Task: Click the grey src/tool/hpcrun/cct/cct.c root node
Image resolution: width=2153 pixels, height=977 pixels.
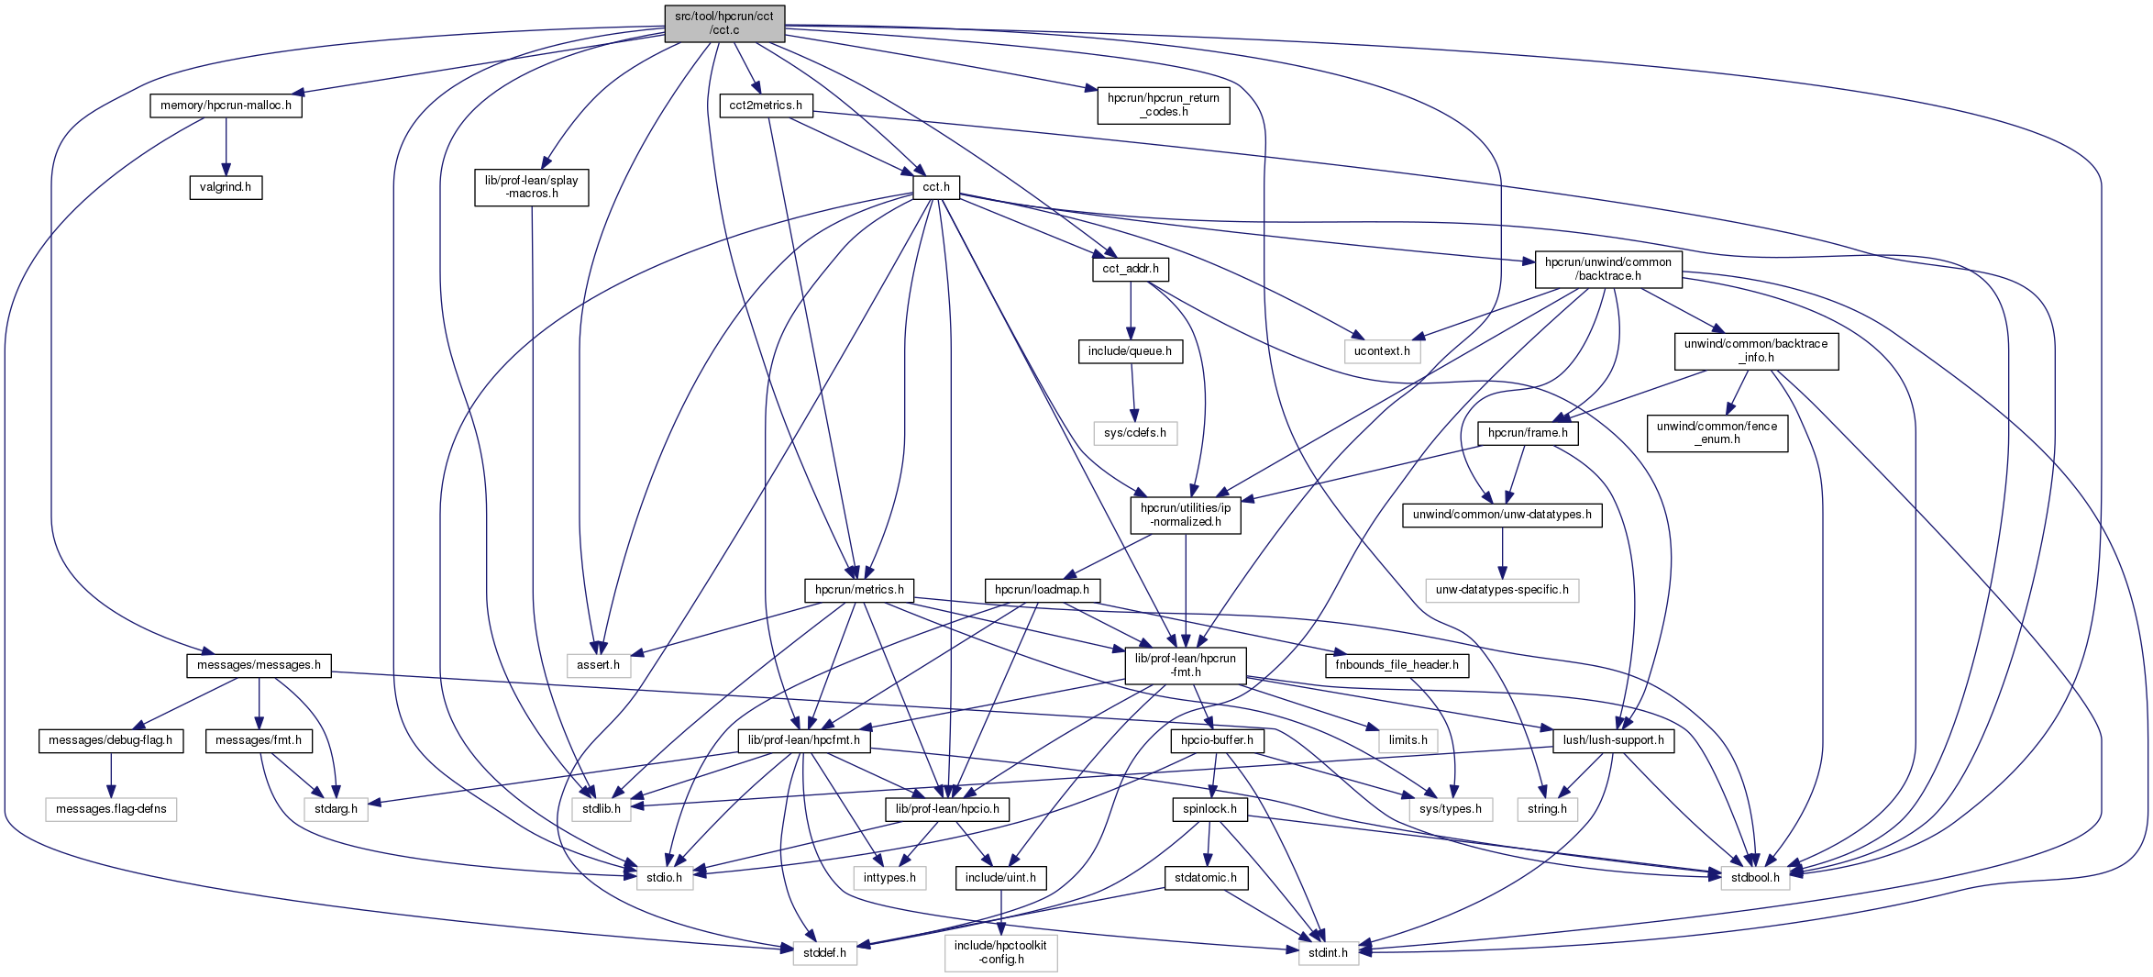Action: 724,23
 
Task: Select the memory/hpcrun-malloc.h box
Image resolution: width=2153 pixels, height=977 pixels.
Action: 226,105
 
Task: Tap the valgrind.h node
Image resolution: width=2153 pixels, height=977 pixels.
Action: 226,187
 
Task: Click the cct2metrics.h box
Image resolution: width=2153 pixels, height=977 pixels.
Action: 766,105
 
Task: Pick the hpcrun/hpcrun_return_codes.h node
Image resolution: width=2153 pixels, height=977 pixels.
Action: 1163,105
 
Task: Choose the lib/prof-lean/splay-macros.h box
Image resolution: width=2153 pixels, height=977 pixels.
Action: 532,187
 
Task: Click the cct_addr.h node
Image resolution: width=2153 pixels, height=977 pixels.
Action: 1131,269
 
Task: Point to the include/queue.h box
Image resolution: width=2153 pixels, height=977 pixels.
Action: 1130,351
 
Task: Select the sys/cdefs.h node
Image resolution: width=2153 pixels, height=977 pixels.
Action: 1135,433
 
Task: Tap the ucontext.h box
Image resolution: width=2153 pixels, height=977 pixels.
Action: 1382,351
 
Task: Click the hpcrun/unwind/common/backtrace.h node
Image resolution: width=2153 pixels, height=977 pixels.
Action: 1608,269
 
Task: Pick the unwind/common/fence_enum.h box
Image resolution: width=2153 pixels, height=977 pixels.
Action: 1717,433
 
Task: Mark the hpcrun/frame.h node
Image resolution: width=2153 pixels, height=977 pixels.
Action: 1528,433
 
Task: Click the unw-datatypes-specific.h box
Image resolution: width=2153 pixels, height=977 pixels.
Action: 1502,590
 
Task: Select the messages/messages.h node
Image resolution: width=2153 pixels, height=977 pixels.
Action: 259,665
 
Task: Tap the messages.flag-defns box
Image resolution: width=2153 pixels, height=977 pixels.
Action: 111,809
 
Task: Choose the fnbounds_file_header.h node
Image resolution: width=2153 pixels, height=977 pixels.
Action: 1397,665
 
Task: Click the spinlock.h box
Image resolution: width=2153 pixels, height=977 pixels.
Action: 1209,809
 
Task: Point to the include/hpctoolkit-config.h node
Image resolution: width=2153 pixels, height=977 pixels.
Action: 1000,952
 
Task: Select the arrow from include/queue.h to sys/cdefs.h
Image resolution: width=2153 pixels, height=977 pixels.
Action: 1132,392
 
